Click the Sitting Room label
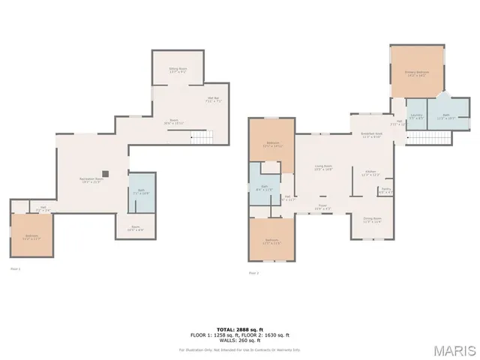tap(178, 70)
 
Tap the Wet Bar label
tap(213, 99)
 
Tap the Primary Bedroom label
tap(417, 73)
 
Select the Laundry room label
tap(415, 117)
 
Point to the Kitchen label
tap(370, 173)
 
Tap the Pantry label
tap(385, 192)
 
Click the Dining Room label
tap(372, 220)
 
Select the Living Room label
tap(323, 168)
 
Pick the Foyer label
tap(322, 207)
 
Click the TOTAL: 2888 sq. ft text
tap(240, 328)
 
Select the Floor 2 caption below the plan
tap(253, 273)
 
